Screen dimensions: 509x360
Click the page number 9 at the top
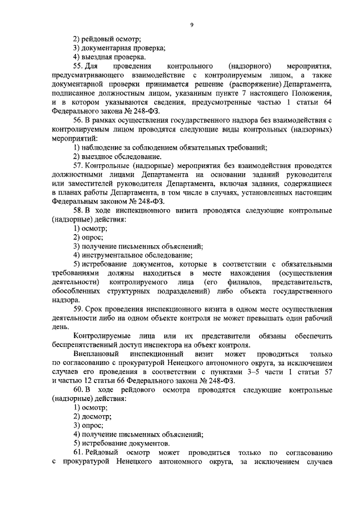click(x=192, y=24)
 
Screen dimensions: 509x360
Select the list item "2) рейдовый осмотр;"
click(x=107, y=39)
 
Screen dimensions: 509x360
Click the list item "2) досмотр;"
click(x=93, y=417)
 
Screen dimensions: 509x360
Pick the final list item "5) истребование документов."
click(x=120, y=444)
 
